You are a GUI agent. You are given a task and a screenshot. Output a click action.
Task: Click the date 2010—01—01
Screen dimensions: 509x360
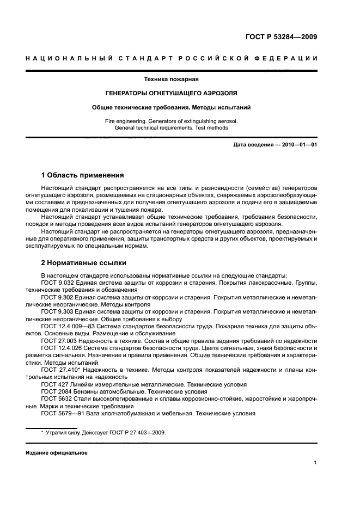(x=294, y=145)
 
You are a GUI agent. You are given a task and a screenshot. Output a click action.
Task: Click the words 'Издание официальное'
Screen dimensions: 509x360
(x=56, y=452)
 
